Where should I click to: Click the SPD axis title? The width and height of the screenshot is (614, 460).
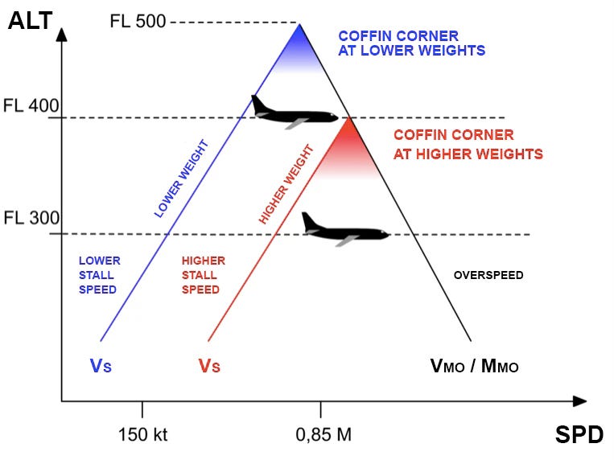(579, 435)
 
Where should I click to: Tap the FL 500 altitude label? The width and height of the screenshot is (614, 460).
(138, 21)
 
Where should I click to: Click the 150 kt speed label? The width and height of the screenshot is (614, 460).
(142, 435)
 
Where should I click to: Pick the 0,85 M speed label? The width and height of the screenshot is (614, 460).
(322, 435)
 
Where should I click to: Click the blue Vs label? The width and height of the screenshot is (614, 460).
(101, 366)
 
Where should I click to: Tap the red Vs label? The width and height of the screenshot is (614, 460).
(209, 366)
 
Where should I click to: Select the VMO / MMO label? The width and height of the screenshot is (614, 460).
(474, 366)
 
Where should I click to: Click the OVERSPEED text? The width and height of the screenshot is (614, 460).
(488, 275)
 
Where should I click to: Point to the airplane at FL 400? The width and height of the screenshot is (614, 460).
(294, 112)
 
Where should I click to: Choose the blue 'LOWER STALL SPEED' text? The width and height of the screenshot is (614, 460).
(98, 275)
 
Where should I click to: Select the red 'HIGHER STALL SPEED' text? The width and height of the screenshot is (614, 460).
(203, 275)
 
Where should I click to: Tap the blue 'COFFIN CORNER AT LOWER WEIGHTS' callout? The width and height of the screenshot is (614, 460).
(411, 43)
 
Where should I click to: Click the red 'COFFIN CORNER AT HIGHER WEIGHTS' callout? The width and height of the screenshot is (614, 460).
(468, 145)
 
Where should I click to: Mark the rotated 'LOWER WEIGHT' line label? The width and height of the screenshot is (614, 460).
(181, 179)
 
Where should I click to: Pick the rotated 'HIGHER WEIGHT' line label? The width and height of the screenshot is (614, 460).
(286, 184)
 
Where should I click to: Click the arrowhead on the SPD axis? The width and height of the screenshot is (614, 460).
(579, 400)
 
